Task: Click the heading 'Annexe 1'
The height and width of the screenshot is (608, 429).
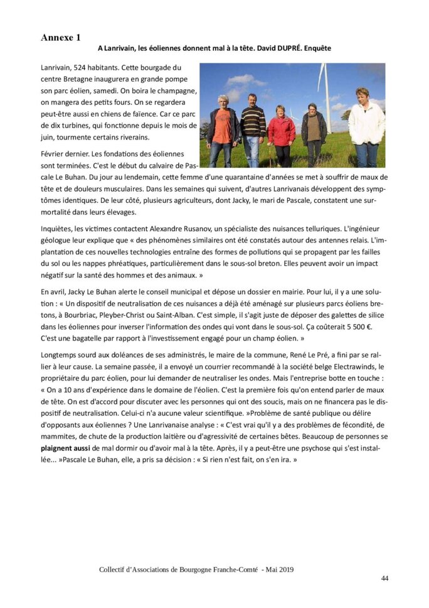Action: tap(61, 38)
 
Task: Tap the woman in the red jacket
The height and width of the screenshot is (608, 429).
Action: tap(282, 132)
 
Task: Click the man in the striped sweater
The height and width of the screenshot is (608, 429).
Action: tap(253, 126)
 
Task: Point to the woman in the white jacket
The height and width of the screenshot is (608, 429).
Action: tap(366, 126)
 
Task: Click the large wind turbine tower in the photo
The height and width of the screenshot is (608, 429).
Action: tap(326, 94)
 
